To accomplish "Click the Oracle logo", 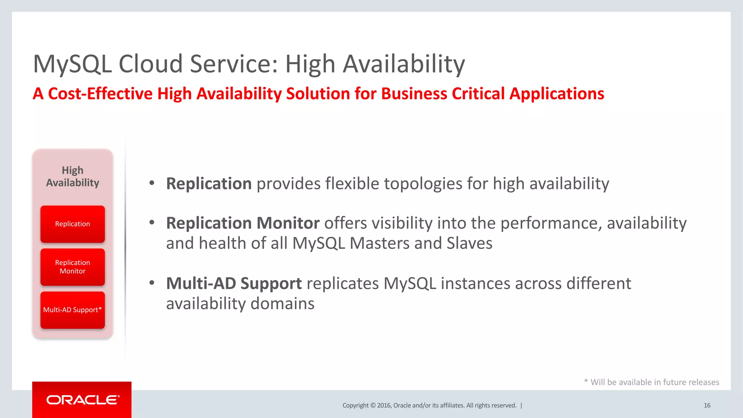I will (x=83, y=400).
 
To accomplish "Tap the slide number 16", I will (x=707, y=405).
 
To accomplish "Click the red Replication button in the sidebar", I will (x=73, y=224).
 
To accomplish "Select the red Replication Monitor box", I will (x=73, y=267).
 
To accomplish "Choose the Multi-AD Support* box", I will (x=73, y=310).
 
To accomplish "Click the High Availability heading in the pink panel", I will (x=73, y=176).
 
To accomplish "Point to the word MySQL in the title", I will (x=72, y=64).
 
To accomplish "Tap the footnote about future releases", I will (x=652, y=382).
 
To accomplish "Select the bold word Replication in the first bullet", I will (x=209, y=184).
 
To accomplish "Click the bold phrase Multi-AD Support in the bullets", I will (x=234, y=283).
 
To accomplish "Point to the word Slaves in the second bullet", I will (x=469, y=243).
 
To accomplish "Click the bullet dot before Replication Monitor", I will (x=152, y=222).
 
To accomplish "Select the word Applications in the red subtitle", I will (x=557, y=94).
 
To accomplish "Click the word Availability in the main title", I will (x=404, y=64).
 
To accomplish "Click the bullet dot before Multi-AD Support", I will (x=152, y=283).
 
